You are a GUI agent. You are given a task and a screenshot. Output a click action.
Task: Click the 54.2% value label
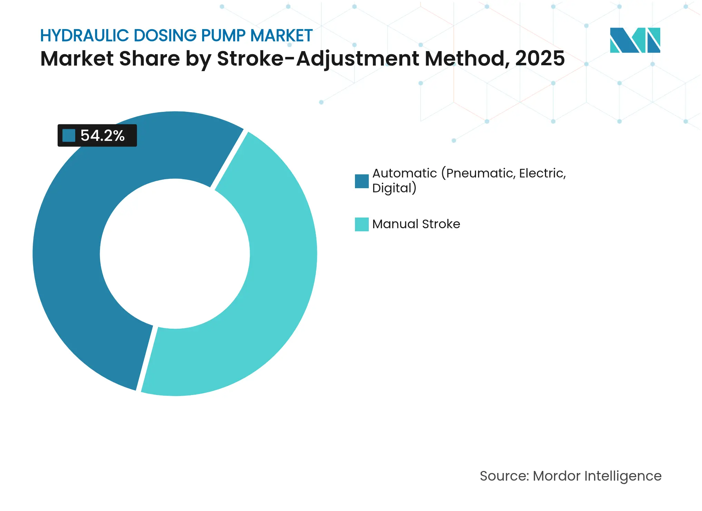pyautogui.click(x=102, y=136)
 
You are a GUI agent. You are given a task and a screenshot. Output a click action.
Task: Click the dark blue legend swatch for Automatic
pyautogui.click(x=362, y=181)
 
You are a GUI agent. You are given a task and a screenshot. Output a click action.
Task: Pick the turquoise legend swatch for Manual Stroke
pyautogui.click(x=362, y=224)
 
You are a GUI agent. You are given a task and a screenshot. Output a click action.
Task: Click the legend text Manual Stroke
pyautogui.click(x=416, y=224)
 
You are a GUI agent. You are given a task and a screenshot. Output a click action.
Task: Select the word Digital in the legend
pyautogui.click(x=392, y=188)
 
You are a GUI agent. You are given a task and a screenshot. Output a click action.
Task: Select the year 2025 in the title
pyautogui.click(x=540, y=59)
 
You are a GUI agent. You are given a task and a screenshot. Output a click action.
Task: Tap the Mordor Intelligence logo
pyautogui.click(x=635, y=40)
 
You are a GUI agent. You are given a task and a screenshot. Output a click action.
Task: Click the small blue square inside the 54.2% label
pyautogui.click(x=69, y=136)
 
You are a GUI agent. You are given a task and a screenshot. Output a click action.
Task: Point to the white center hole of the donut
pyautogui.click(x=175, y=254)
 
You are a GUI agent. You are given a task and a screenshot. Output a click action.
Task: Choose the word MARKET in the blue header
pyautogui.click(x=281, y=36)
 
